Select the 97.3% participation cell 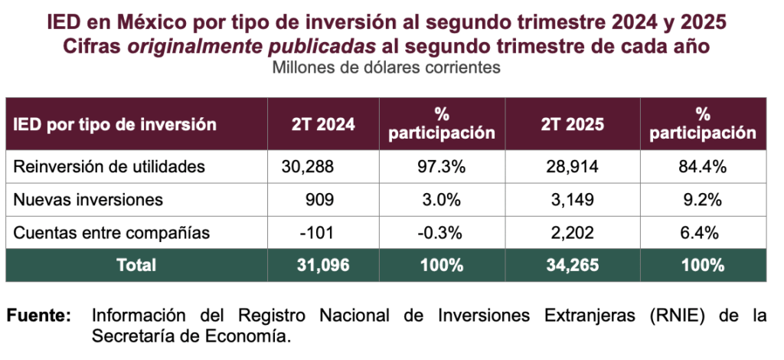[441, 165]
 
